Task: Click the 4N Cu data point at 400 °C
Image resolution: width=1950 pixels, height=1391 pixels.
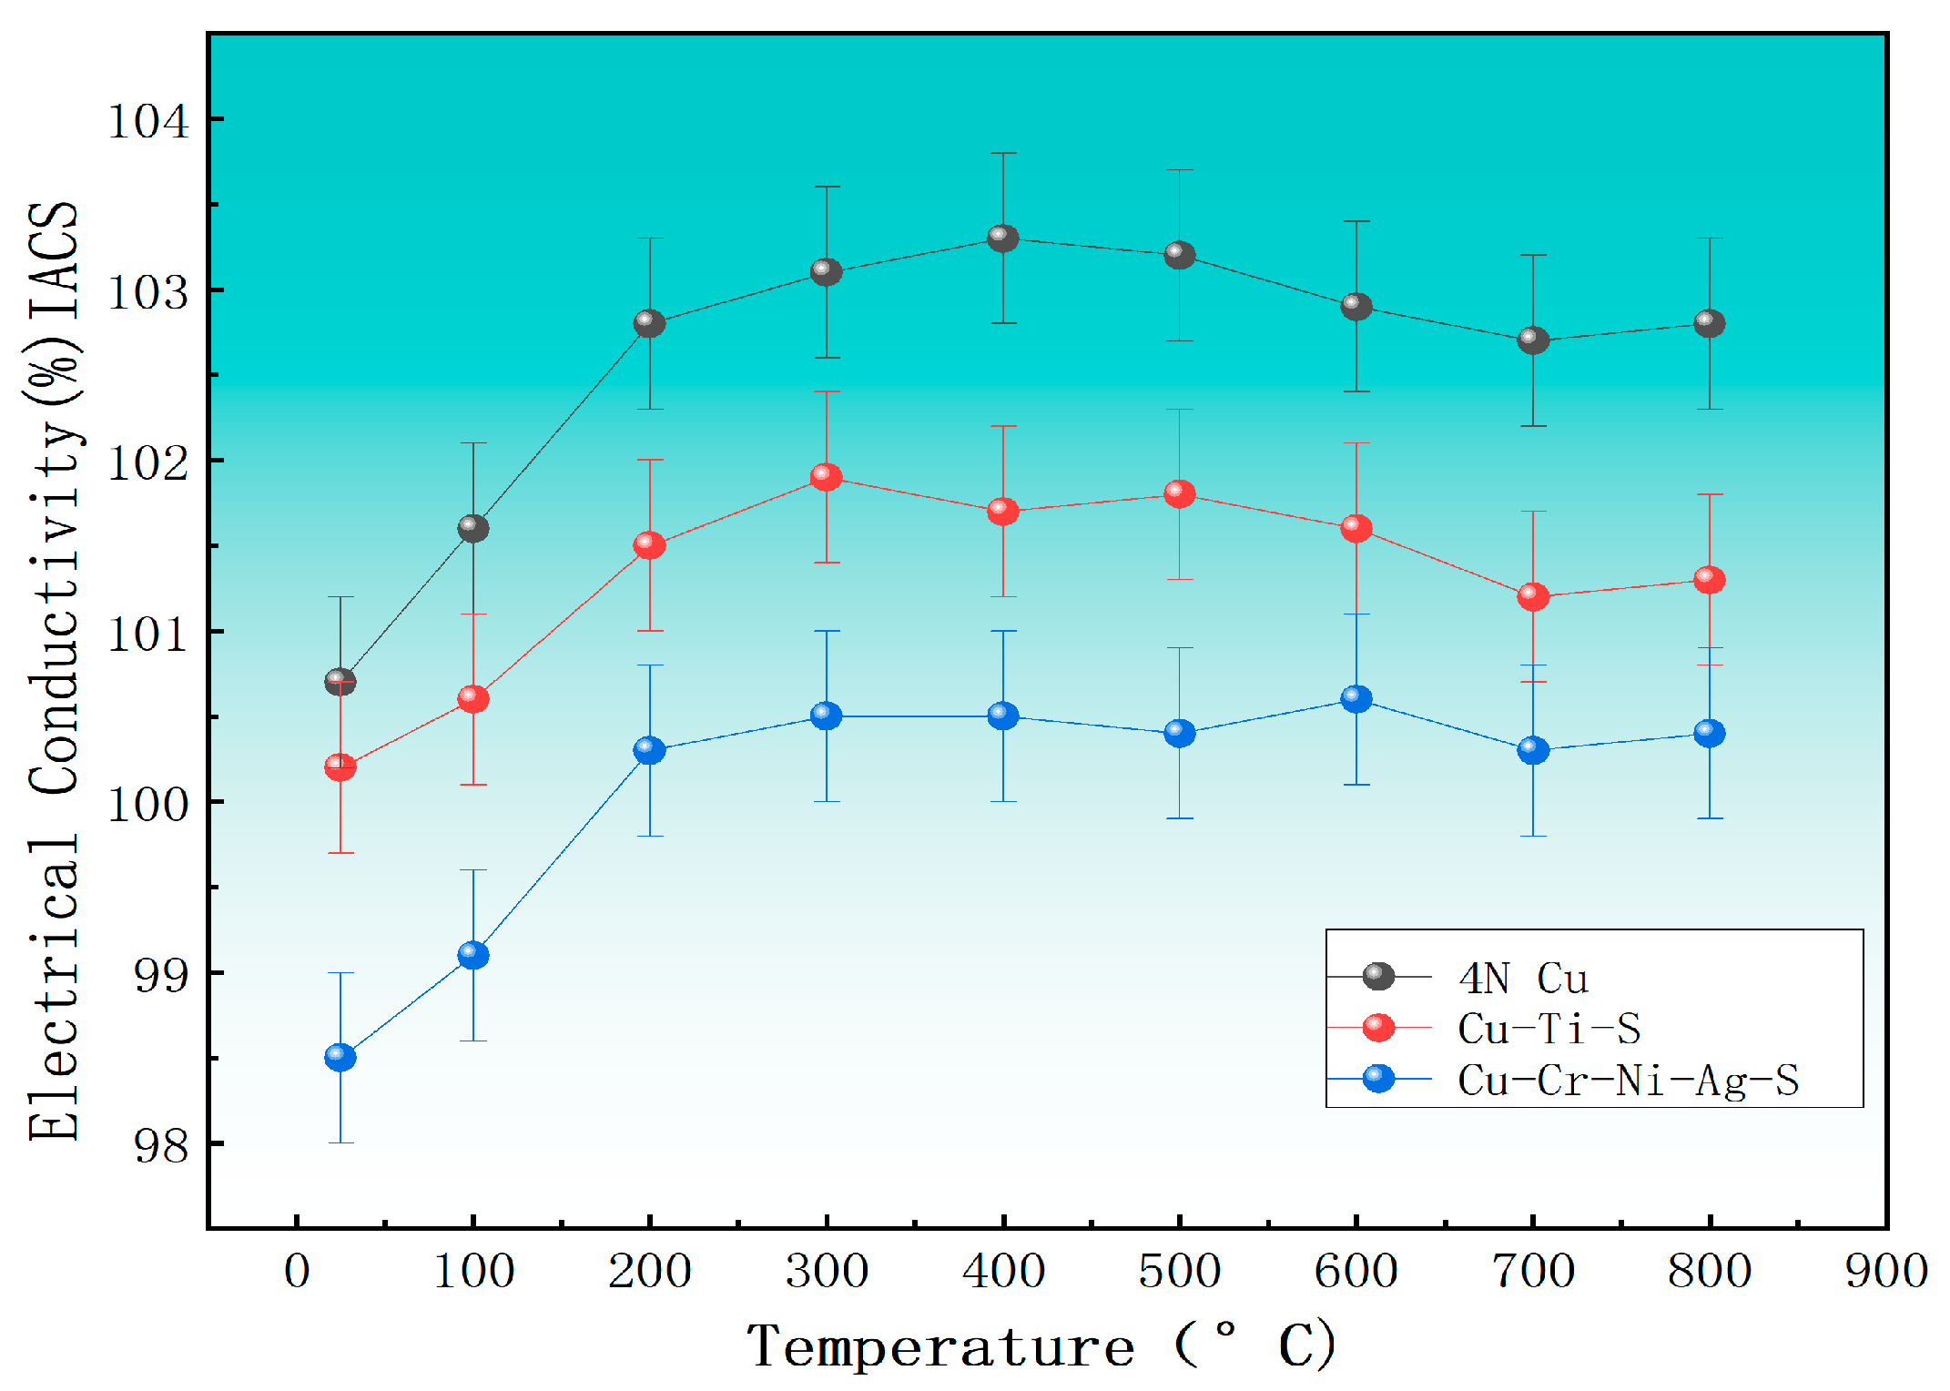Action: coord(1002,239)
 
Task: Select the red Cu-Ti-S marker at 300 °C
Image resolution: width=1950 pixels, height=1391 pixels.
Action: coord(826,476)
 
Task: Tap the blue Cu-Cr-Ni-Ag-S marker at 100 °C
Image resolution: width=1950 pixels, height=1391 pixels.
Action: coord(472,955)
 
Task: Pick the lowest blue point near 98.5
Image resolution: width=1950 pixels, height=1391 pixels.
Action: coord(340,1057)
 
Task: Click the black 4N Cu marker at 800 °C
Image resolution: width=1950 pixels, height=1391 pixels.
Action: coord(1709,323)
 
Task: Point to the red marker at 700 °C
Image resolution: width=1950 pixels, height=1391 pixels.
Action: coord(1533,596)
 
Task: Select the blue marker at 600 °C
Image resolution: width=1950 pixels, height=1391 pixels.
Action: coord(1356,698)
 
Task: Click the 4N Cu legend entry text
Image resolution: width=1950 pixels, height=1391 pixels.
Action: coord(1523,979)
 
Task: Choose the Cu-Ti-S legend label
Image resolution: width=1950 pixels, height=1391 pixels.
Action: coord(1549,1029)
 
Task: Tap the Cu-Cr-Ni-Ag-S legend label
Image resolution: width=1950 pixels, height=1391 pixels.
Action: coord(1628,1081)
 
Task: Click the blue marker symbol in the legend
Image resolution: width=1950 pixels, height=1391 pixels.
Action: coord(1378,1079)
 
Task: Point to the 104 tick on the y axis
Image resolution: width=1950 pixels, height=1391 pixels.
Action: coord(147,120)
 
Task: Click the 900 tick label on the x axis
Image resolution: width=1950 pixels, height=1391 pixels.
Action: coord(1885,1271)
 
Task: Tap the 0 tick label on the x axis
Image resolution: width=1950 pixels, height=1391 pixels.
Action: coord(297,1271)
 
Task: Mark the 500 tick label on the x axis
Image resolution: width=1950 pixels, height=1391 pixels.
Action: coord(1179,1271)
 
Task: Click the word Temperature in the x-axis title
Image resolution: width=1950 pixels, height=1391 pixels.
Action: coord(940,1347)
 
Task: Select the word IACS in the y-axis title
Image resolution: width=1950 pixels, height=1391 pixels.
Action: coord(55,259)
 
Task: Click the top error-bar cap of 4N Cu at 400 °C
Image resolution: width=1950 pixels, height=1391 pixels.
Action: coord(1002,153)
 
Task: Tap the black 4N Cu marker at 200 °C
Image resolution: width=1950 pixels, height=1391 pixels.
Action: coord(649,323)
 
